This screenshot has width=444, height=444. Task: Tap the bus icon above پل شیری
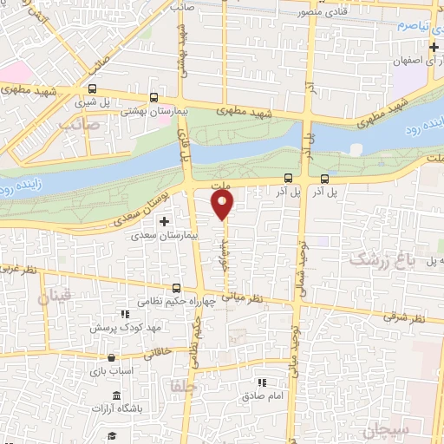(91, 88)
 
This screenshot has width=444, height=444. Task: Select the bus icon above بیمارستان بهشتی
(153, 98)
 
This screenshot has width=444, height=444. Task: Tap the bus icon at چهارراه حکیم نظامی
(177, 288)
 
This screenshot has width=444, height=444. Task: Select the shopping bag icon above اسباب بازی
(110, 357)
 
